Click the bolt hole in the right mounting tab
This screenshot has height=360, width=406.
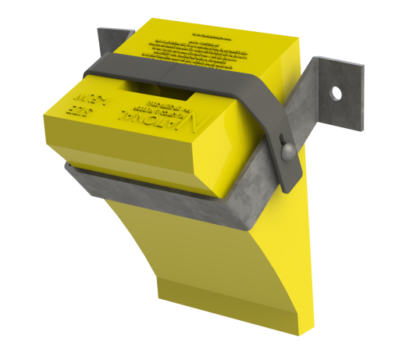[337, 93]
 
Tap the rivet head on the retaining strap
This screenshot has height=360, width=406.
[286, 149]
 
